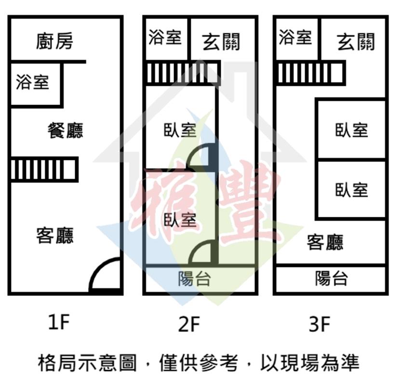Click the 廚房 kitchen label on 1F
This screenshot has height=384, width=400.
(x=54, y=41)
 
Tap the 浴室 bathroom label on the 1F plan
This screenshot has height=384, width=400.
(x=32, y=82)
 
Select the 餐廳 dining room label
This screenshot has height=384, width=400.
(x=66, y=130)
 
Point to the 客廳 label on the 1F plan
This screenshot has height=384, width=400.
(x=55, y=235)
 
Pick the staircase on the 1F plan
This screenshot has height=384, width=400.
(x=44, y=170)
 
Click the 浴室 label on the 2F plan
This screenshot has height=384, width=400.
(x=165, y=37)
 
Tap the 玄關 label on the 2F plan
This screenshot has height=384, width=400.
(x=221, y=42)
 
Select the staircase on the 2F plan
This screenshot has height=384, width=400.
(x=183, y=73)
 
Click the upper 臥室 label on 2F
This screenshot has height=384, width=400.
(x=180, y=130)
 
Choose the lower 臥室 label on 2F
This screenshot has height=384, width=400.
(x=180, y=220)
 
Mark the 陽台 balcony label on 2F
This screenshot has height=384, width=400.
(x=194, y=278)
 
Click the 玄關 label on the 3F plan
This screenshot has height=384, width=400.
(x=356, y=42)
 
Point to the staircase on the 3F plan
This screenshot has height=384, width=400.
(x=311, y=73)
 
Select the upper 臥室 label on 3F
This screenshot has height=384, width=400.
(x=352, y=130)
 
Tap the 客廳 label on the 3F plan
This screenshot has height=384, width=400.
(x=325, y=242)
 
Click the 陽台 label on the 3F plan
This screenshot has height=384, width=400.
(x=332, y=278)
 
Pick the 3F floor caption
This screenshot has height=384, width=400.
(x=320, y=324)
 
